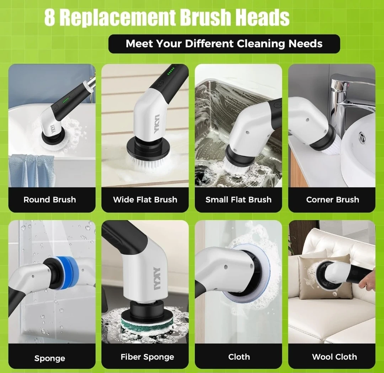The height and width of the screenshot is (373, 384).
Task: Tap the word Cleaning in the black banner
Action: pyautogui.click(x=261, y=44)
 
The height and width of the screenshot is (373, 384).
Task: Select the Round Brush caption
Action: pyautogui.click(x=50, y=199)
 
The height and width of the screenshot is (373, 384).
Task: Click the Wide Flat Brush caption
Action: pyautogui.click(x=145, y=199)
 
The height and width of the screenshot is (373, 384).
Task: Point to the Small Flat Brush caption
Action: pyautogui.click(x=239, y=199)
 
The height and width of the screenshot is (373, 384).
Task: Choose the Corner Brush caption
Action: pyautogui.click(x=332, y=199)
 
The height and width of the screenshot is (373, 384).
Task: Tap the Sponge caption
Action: pyautogui.click(x=50, y=358)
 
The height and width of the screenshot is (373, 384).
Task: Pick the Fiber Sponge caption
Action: pyautogui.click(x=147, y=357)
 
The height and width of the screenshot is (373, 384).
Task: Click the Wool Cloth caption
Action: pyautogui.click(x=334, y=357)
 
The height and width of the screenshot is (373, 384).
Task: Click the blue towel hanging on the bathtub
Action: pyautogui.click(x=32, y=170)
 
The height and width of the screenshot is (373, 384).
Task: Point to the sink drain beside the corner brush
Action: pyautogui.click(x=362, y=137)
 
